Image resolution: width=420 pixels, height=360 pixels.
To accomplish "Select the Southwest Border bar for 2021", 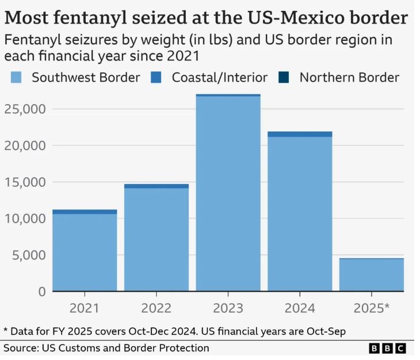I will [85, 252].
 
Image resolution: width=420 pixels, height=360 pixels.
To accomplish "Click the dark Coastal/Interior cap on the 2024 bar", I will [300, 134].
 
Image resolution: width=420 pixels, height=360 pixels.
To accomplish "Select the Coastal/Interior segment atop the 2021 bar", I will [85, 212].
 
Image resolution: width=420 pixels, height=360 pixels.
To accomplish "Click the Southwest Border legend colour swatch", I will [16, 77].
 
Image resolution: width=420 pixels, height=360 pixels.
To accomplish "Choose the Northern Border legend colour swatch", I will [284, 77].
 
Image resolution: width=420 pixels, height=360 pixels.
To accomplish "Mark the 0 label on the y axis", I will [41, 292].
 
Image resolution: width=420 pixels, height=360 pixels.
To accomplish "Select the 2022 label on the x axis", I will [156, 308].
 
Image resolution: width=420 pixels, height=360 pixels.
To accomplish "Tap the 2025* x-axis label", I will [371, 308].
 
